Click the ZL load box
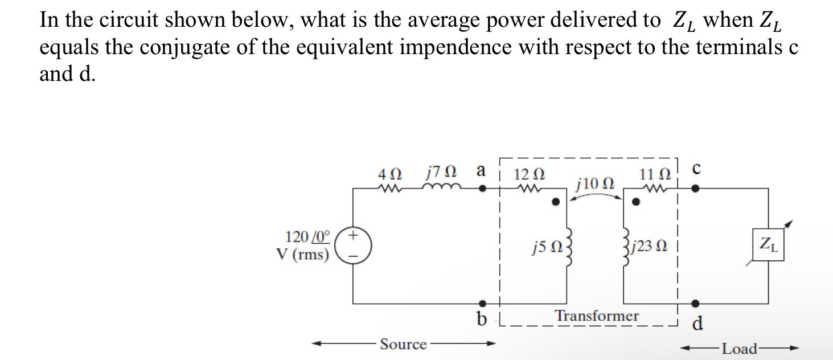pyautogui.click(x=768, y=245)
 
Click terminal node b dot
pyautogui.click(x=482, y=303)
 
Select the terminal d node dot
pyautogui.click(x=695, y=303)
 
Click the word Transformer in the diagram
pyautogui.click(x=597, y=316)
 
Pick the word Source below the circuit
pyautogui.click(x=403, y=344)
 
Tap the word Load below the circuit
pyautogui.click(x=739, y=348)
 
